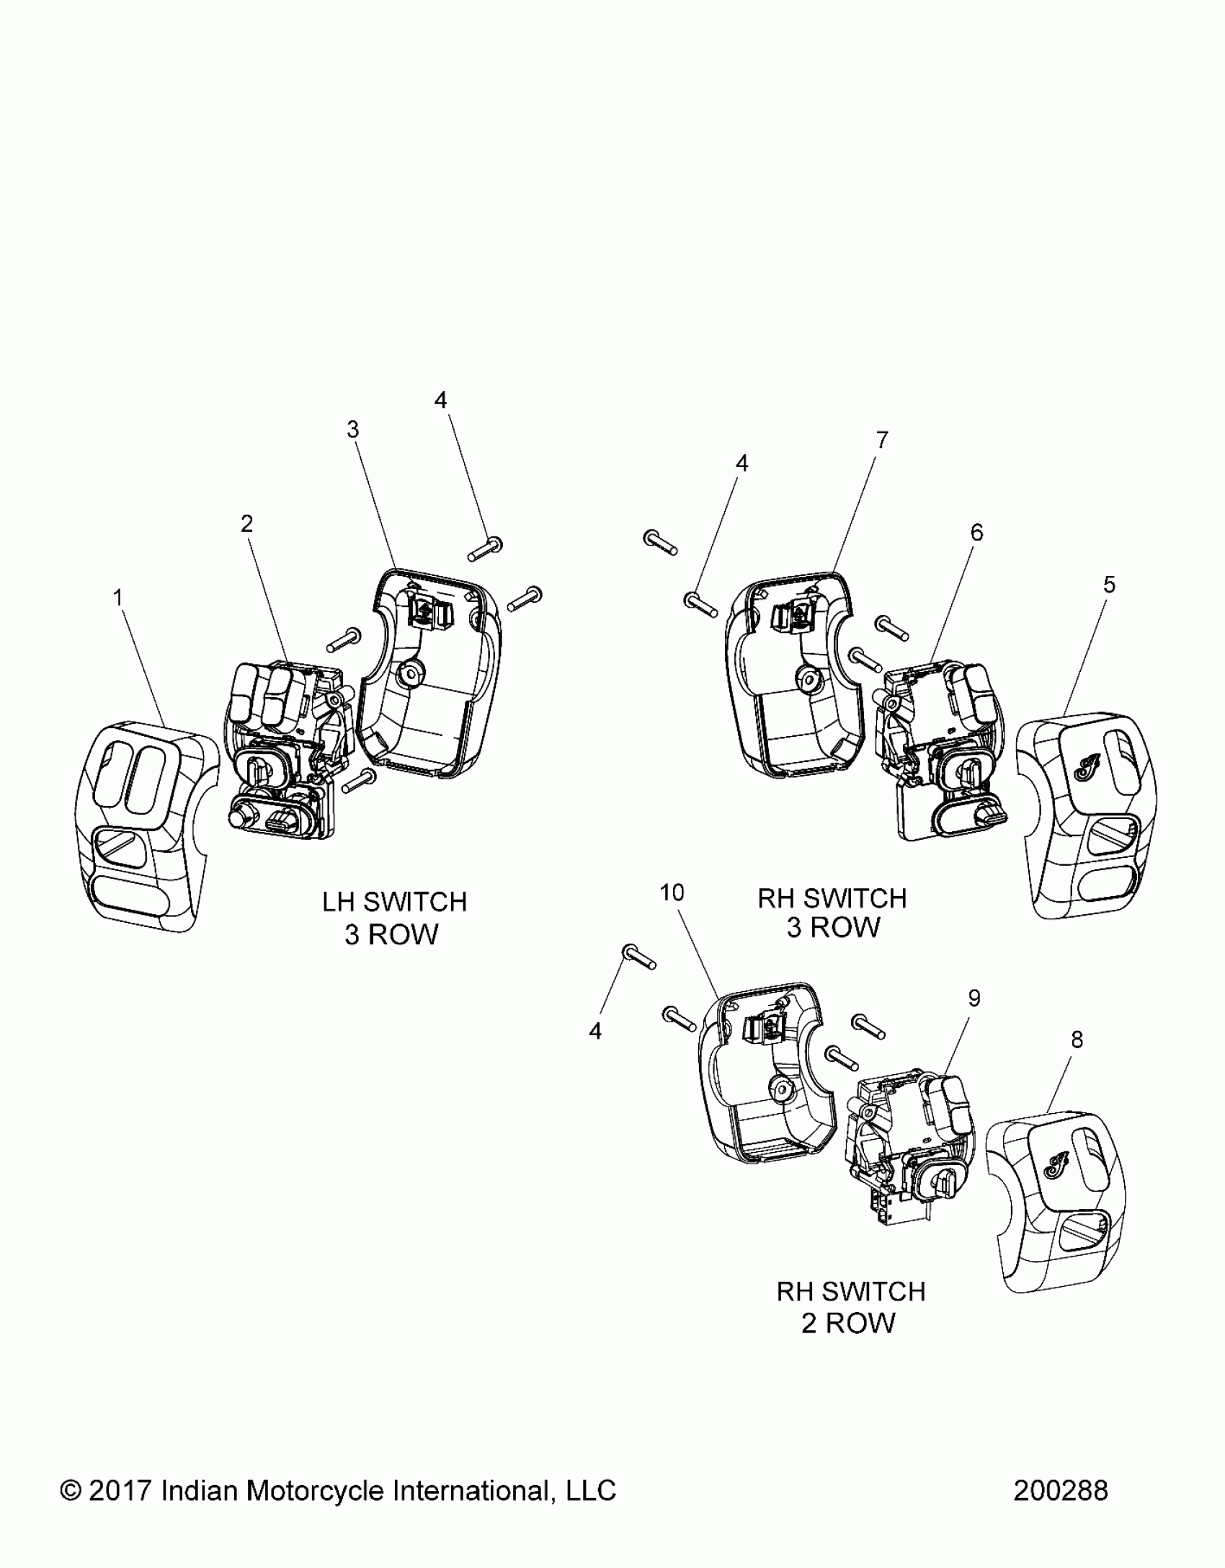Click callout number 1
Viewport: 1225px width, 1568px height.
click(118, 598)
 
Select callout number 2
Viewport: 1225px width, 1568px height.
click(247, 524)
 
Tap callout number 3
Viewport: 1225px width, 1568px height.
click(352, 430)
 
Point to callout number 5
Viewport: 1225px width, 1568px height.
click(1109, 585)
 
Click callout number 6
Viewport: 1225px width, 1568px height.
click(976, 532)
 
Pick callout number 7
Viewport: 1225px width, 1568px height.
click(883, 440)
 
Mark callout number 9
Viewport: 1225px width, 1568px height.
click(974, 998)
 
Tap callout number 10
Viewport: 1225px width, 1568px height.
click(672, 893)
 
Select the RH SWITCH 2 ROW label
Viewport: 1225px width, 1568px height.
click(850, 1306)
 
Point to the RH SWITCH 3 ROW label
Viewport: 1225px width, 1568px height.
click(832, 913)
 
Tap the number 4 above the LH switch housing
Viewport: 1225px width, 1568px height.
click(441, 400)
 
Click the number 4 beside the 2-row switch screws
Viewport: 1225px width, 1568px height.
click(595, 1032)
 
